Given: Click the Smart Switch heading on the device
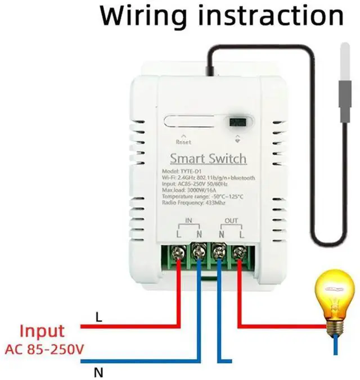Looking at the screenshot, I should pos(208,158).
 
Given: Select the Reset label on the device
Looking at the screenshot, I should pos(183,142).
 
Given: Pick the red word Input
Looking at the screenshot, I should pos(42,331).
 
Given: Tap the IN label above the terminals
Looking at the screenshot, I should pos(188,220).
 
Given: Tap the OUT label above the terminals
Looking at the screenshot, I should pos(231,220).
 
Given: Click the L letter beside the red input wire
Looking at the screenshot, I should pos(99,318).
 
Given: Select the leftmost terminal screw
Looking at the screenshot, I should pos(179,254).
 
